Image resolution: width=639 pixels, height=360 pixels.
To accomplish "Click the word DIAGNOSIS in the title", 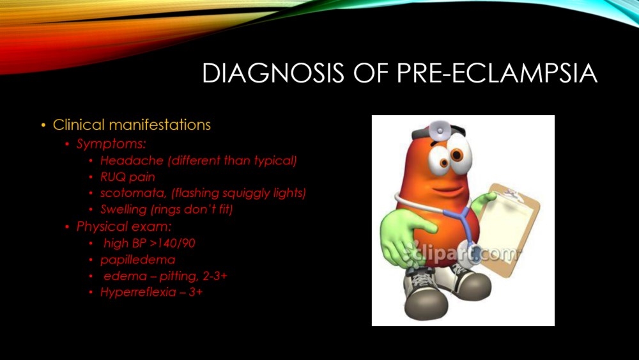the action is (x=273, y=74).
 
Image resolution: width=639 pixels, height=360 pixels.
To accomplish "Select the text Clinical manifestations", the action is (x=132, y=125).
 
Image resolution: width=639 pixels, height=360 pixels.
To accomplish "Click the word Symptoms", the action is (x=111, y=144).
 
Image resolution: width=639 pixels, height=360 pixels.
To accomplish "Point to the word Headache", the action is (x=132, y=160).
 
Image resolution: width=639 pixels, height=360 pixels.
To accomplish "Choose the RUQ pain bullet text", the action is (x=128, y=177).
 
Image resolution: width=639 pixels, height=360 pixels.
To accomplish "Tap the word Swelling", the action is (x=123, y=210).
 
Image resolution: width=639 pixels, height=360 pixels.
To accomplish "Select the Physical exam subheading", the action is (x=124, y=227).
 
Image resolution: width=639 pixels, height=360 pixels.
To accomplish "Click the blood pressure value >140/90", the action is (x=173, y=244).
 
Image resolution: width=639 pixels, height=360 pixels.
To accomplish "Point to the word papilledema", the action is (x=138, y=260).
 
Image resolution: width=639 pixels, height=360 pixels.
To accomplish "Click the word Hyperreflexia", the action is (x=138, y=292).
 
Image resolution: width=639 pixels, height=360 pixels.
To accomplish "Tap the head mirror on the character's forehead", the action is (x=439, y=130).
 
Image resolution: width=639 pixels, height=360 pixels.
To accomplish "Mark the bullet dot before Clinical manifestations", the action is (x=43, y=125).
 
